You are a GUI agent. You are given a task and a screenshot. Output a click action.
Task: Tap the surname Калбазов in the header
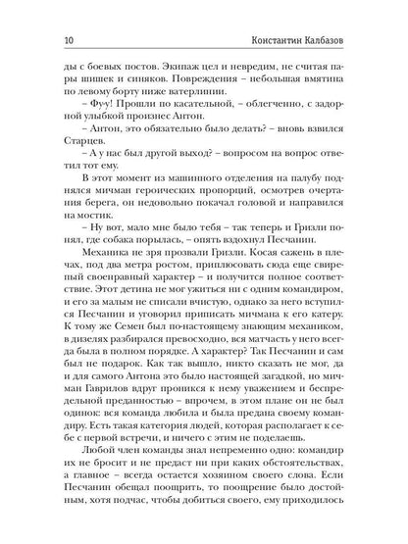pos(342,39)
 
